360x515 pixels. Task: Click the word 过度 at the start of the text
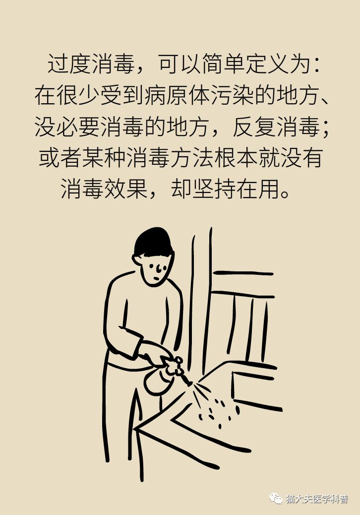(x=69, y=64)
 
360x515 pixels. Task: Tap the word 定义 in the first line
(x=267, y=64)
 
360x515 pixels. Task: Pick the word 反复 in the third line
(x=254, y=127)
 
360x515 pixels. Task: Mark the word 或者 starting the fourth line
(x=60, y=158)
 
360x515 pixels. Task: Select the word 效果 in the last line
(x=126, y=190)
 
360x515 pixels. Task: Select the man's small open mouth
(x=157, y=278)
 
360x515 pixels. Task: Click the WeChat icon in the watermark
(x=276, y=499)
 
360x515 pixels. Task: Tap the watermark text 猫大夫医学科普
(x=317, y=499)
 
